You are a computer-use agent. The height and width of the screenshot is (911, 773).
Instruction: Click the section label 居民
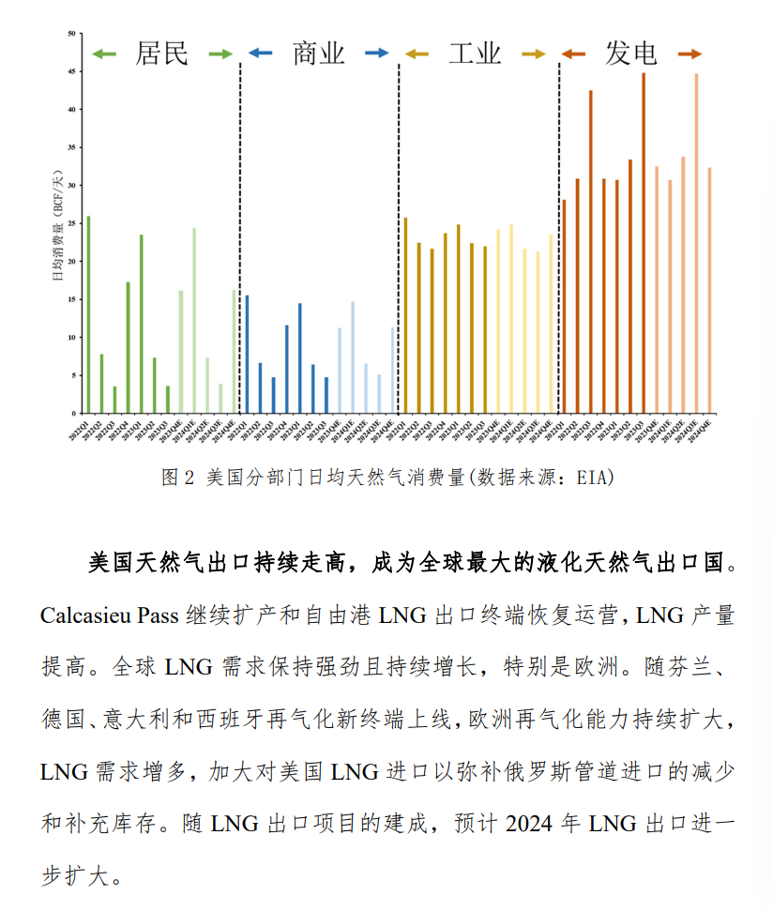point(162,53)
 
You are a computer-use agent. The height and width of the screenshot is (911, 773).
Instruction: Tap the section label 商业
point(318,53)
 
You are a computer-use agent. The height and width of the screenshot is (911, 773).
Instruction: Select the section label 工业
point(475,53)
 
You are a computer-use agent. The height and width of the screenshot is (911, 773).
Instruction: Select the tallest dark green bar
point(88,314)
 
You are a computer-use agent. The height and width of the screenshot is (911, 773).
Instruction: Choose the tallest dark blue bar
point(247,354)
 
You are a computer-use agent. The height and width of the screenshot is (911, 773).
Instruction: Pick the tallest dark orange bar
point(644,243)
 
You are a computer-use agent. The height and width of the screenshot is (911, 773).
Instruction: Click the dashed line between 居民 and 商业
point(240,235)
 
